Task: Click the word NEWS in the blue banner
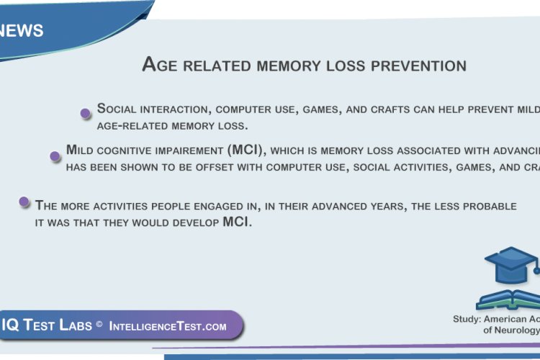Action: pos(22,31)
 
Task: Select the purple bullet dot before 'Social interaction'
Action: pos(85,112)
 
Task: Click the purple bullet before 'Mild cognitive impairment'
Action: pos(54,156)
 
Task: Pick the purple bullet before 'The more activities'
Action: pos(24,202)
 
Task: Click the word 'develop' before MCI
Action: pos(193,222)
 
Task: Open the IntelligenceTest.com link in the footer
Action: pos(168,326)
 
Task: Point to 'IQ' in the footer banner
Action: pos(10,325)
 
